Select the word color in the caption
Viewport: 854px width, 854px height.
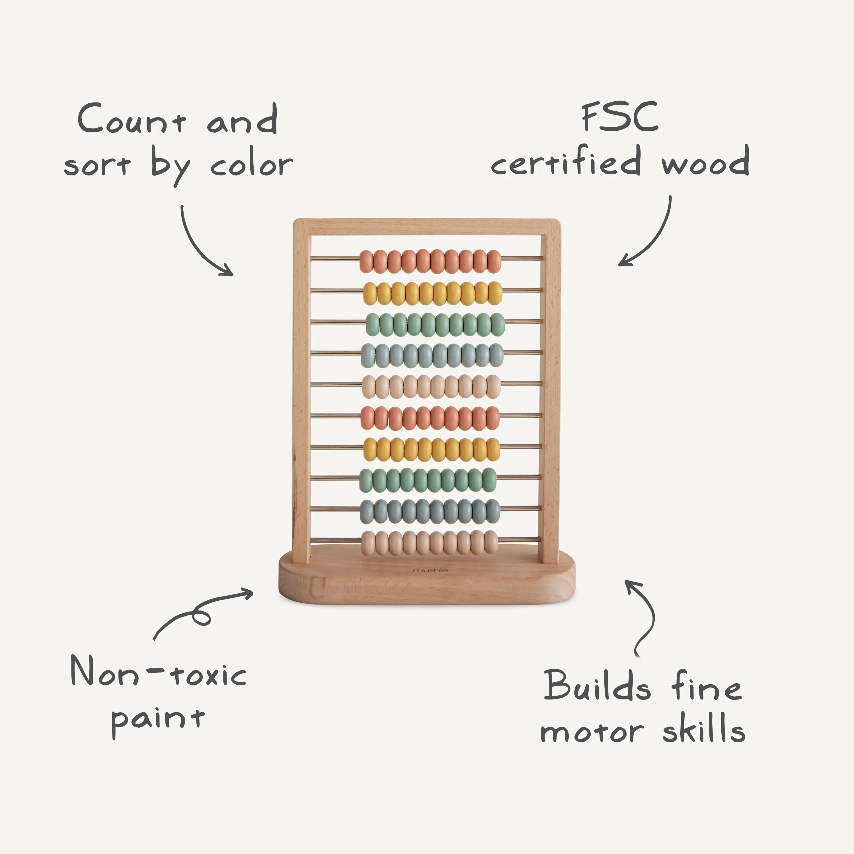[251, 165]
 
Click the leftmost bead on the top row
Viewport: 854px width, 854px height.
[366, 261]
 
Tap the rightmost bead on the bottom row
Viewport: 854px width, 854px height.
[491, 542]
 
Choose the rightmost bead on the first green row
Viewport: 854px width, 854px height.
[498, 325]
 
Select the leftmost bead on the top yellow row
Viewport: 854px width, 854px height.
[370, 293]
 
